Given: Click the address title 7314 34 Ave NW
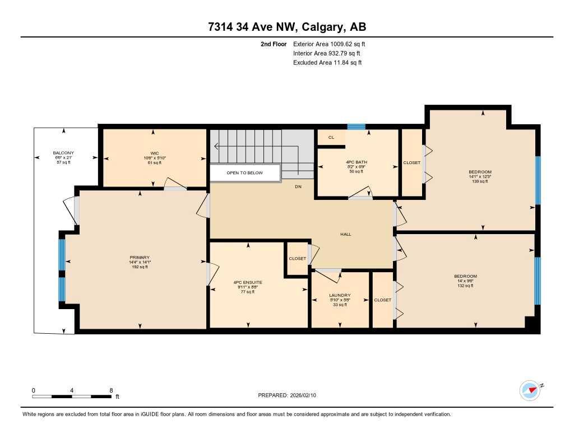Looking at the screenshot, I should [286, 27].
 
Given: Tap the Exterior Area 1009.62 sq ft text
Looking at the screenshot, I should [329, 44].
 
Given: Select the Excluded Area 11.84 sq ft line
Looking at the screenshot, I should [327, 63].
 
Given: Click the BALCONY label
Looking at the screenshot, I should [63, 153].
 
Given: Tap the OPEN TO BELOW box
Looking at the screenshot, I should [244, 173].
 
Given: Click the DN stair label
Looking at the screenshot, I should [298, 186].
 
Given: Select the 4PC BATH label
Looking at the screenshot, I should [356, 162].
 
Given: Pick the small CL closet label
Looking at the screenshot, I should [331, 137].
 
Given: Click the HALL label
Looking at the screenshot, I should [346, 234].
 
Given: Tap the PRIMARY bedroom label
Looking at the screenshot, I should [140, 258].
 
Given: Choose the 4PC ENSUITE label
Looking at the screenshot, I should [248, 282].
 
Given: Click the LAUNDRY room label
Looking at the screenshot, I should [340, 295].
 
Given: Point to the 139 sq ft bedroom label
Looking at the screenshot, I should [480, 172].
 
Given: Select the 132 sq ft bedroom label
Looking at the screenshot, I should [465, 276].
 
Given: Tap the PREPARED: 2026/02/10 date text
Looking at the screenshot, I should [286, 395].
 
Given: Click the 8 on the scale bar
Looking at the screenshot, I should [111, 390].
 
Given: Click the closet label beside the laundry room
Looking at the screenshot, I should [382, 300].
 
